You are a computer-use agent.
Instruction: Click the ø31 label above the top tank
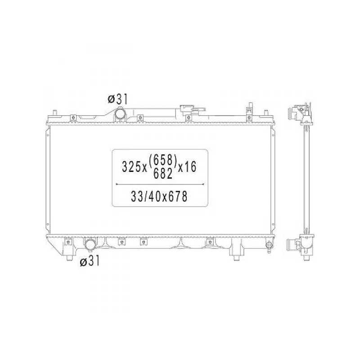tap(117, 99)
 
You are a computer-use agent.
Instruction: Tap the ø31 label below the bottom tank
tap(90, 261)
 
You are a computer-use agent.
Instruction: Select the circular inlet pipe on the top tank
tap(120, 114)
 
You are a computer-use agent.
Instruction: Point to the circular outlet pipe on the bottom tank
tap(90, 245)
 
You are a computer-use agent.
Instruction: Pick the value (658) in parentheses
tap(163, 160)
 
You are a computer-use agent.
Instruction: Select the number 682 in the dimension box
tap(163, 174)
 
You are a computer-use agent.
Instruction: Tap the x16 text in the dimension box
tap(187, 166)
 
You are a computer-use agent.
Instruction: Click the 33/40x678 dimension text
tap(159, 197)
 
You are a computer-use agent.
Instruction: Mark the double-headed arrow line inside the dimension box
tap(160, 184)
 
